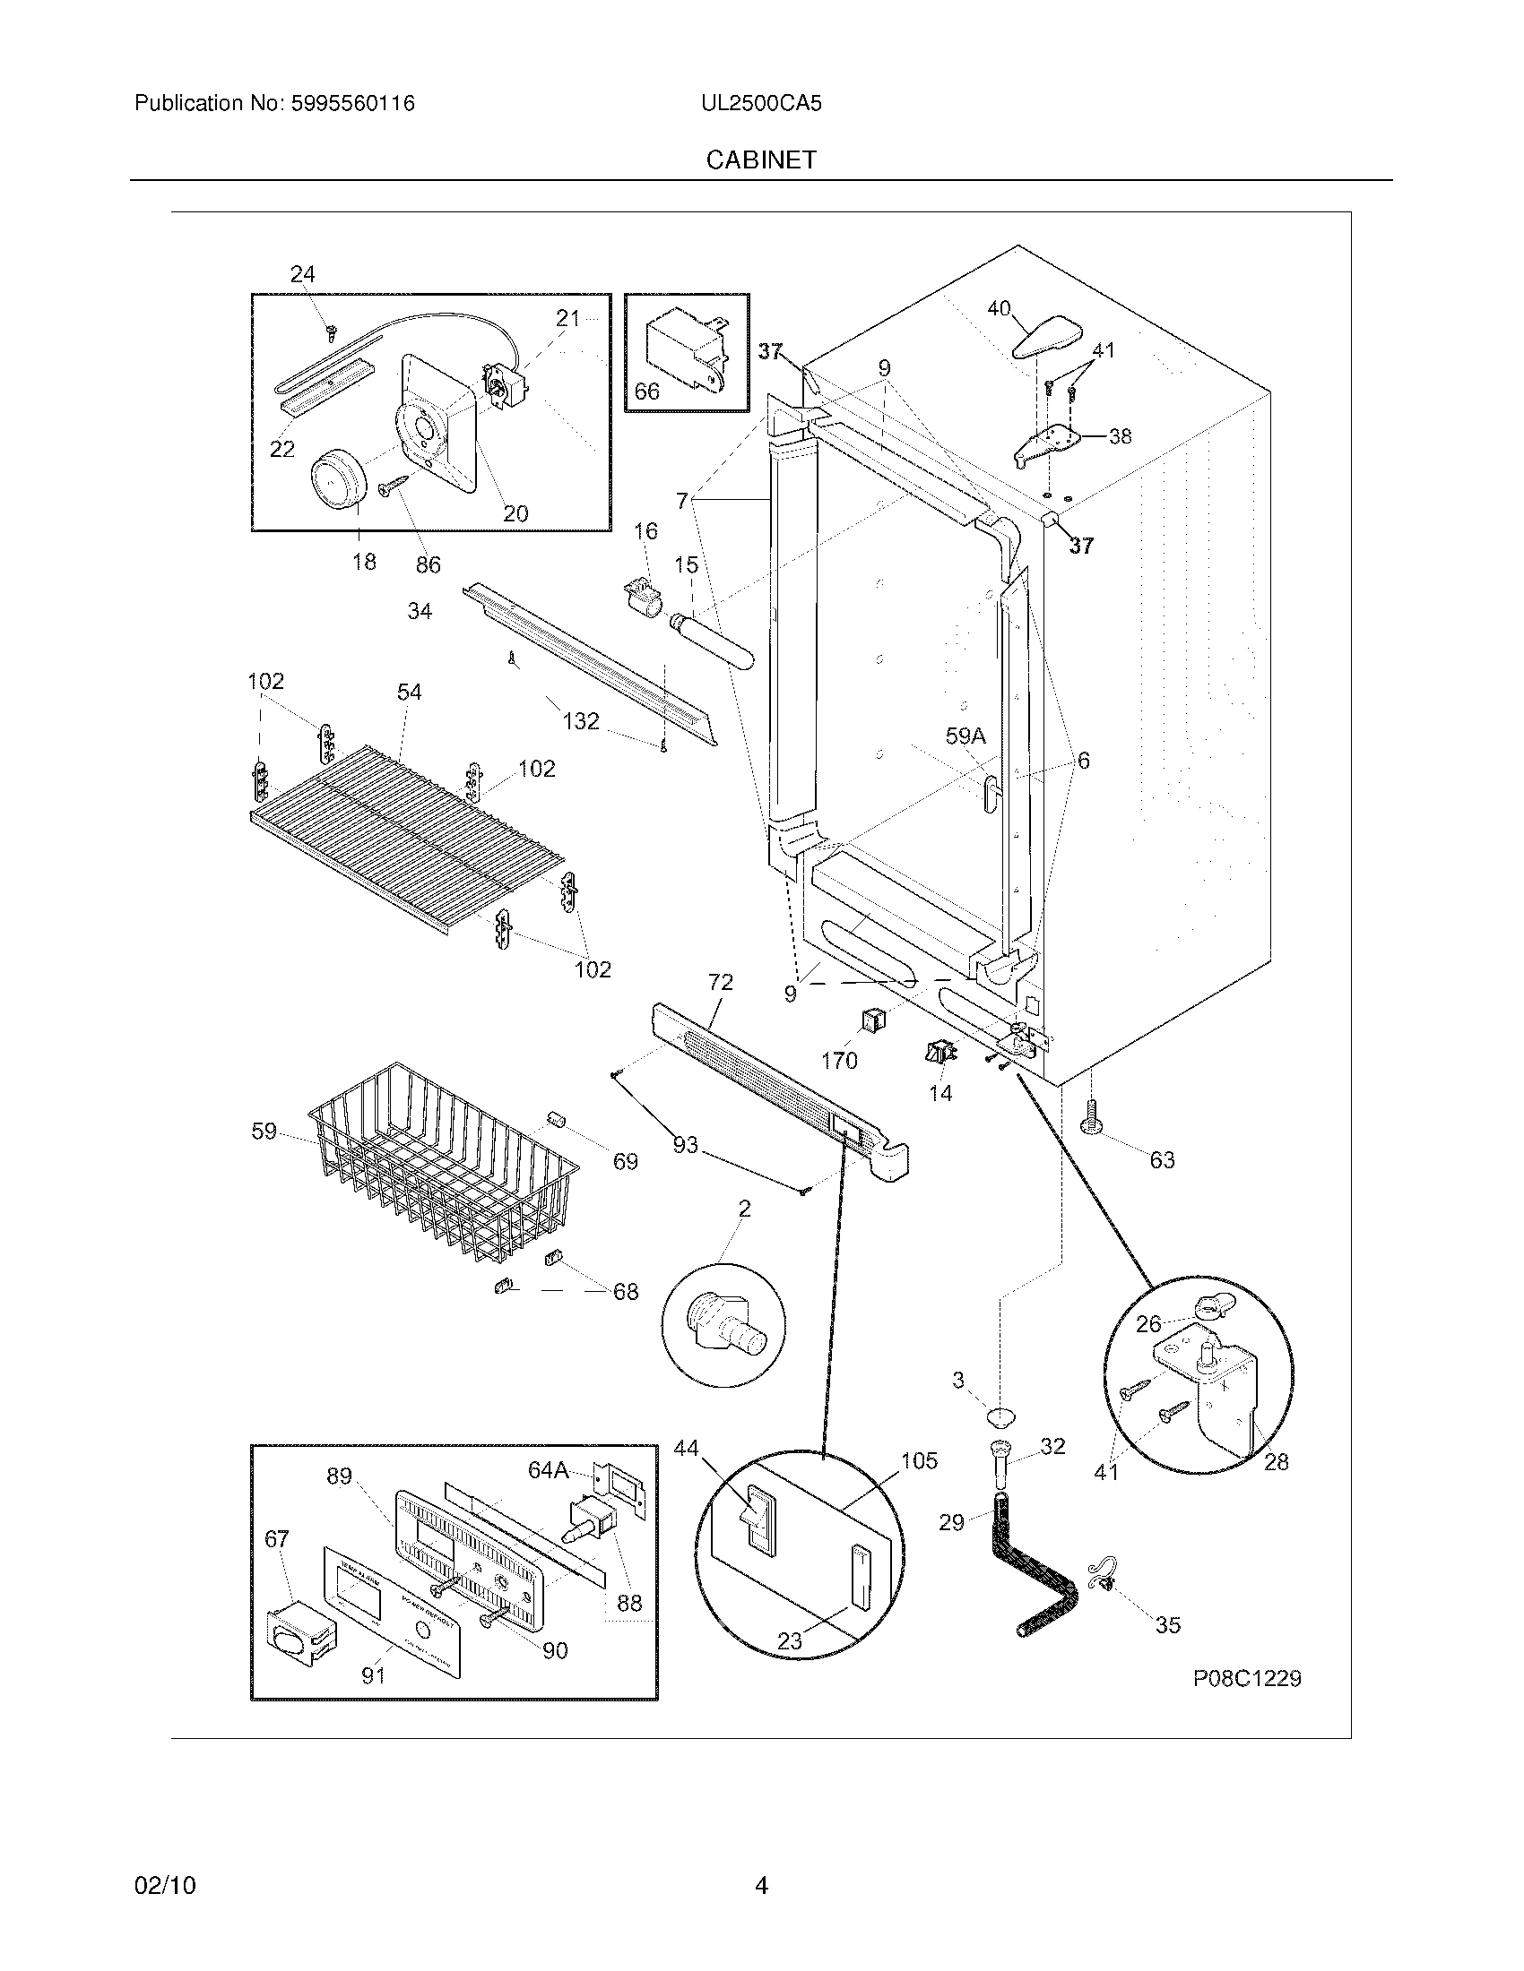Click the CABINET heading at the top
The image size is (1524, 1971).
tap(761, 159)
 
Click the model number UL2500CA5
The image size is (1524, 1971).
tap(761, 104)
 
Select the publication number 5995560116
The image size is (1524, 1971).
tap(352, 104)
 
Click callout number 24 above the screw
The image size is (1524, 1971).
tap(302, 274)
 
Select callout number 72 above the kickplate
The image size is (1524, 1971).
tap(721, 982)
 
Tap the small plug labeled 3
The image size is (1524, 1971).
tap(999, 1415)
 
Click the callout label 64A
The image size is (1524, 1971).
tap(548, 1470)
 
